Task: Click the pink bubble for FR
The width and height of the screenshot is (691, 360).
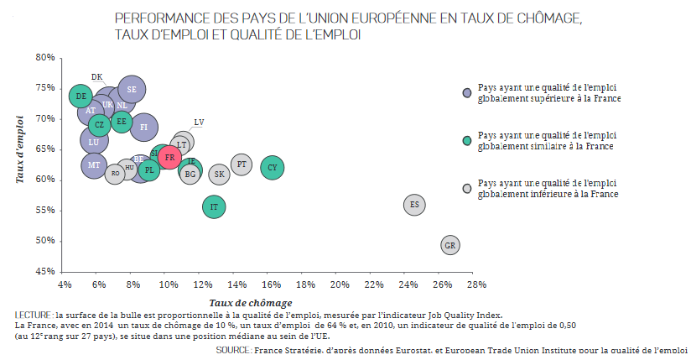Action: [x=169, y=157]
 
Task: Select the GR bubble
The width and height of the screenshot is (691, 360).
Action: [x=450, y=245]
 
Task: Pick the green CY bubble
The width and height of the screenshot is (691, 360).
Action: [x=273, y=168]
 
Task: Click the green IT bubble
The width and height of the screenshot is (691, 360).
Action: [x=215, y=206]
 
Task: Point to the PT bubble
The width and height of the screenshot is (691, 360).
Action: [x=242, y=164]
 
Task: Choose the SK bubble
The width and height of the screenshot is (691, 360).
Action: [x=220, y=175]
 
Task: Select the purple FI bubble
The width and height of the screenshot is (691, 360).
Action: [x=143, y=127]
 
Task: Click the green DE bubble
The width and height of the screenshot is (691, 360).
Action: [x=81, y=97]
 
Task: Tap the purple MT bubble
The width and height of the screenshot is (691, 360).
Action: [x=94, y=165]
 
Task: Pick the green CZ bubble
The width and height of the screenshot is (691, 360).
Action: [x=98, y=125]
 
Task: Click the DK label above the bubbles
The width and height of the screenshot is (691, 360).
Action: [x=96, y=77]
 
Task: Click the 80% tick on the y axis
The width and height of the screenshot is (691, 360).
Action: [x=45, y=57]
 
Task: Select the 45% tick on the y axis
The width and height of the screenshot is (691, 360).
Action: [x=45, y=271]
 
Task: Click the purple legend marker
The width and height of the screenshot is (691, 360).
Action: [x=467, y=92]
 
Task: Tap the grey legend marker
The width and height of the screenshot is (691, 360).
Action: [x=467, y=188]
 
